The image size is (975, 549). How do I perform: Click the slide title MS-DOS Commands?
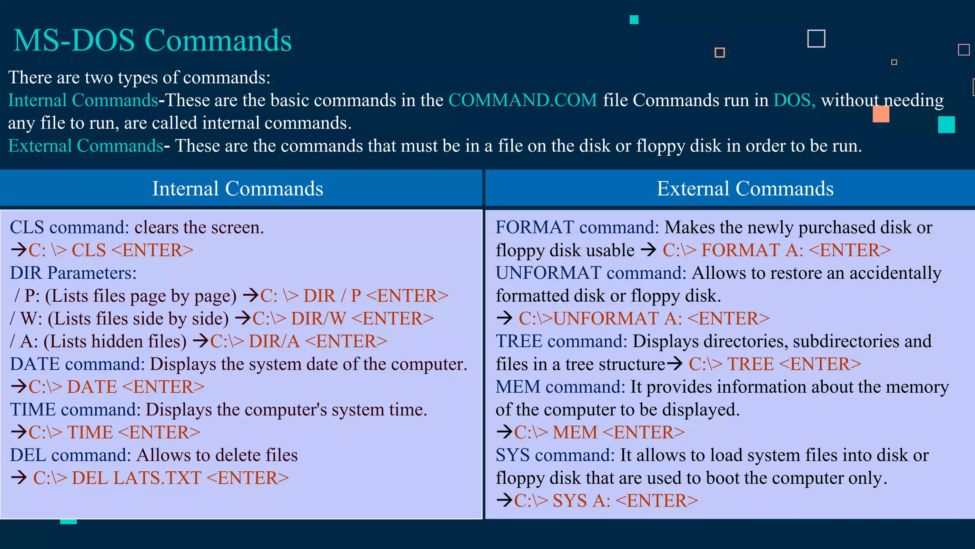point(152,40)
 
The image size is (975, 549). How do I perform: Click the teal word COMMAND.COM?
point(522,100)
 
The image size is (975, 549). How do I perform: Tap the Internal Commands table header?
point(238,189)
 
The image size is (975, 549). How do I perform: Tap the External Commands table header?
point(745,189)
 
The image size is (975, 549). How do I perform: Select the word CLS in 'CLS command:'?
point(27,227)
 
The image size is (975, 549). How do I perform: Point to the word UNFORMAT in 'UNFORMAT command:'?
point(548,273)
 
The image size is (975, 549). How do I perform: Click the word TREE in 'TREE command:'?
point(519,341)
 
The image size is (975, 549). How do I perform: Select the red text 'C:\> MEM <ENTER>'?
point(599,432)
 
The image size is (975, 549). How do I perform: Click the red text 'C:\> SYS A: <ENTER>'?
point(606,500)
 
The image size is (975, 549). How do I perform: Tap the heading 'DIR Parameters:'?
point(73,273)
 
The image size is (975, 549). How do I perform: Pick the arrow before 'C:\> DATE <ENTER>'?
point(19,386)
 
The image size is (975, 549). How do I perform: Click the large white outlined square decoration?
point(816,39)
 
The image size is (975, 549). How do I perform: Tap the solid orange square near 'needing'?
point(881,114)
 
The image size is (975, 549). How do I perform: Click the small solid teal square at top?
point(634,20)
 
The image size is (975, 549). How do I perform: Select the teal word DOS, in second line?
point(794,100)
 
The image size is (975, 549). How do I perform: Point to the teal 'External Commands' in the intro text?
point(86,146)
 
